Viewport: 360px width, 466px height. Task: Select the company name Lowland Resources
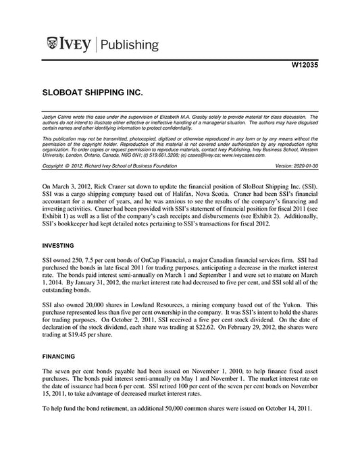(157, 307)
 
